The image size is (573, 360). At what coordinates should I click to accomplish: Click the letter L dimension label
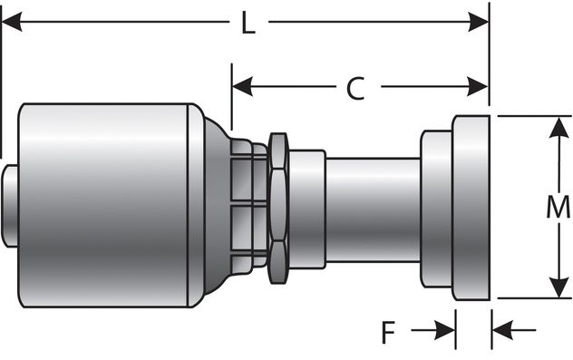(247, 23)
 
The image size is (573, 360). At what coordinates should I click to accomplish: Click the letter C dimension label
(356, 88)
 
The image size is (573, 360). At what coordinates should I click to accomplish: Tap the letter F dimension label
(388, 333)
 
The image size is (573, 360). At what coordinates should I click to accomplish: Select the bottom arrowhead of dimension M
(556, 287)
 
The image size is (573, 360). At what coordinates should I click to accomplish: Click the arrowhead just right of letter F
(445, 330)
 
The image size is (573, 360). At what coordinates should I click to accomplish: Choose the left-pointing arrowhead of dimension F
(501, 330)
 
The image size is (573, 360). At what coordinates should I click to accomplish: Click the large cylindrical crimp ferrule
(104, 205)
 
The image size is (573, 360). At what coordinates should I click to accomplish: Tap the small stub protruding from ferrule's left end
(9, 206)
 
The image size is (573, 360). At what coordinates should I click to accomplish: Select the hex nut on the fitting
(278, 206)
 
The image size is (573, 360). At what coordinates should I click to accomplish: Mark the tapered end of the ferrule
(216, 206)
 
